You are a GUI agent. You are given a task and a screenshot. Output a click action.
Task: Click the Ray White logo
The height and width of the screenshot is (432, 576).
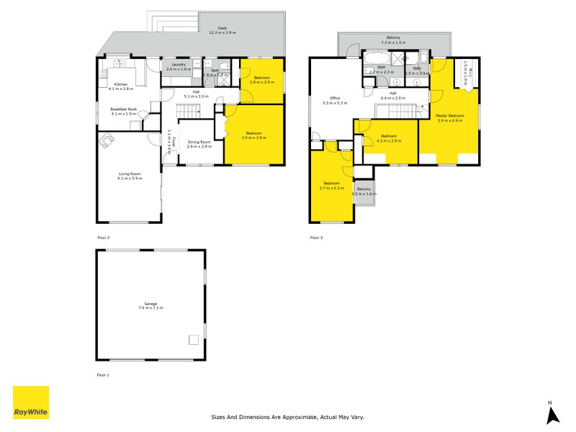[31, 403]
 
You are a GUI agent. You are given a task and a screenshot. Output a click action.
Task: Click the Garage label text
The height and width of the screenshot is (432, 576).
[150, 305]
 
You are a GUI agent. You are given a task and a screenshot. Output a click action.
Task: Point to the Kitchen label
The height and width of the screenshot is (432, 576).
[120, 86]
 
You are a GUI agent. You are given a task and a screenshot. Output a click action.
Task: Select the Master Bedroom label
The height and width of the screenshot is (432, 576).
[450, 117]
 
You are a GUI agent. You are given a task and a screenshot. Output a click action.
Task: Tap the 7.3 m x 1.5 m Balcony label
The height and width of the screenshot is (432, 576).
[393, 39]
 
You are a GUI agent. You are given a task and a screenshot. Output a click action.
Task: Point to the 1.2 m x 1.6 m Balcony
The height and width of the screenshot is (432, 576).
[364, 191]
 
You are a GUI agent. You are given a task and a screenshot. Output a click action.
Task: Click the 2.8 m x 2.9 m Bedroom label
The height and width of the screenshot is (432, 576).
[260, 79]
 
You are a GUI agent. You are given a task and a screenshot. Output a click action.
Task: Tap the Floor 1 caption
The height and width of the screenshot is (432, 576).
[104, 375]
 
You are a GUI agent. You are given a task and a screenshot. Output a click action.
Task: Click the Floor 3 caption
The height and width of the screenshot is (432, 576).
[317, 237]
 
